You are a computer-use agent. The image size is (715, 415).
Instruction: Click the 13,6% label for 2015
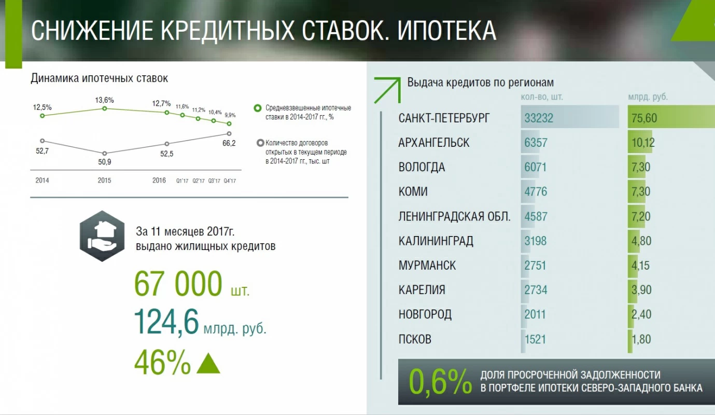click(104, 100)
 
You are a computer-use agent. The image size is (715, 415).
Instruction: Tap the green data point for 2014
click(43, 116)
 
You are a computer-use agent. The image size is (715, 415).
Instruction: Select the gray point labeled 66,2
click(229, 133)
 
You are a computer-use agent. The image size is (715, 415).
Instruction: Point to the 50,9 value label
click(104, 162)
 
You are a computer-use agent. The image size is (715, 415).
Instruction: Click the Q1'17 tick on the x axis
click(183, 181)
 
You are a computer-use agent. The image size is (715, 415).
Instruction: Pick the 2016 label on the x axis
click(159, 180)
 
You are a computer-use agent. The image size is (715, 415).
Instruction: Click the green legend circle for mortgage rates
click(258, 108)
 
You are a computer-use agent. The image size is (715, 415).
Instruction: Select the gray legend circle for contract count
click(260, 143)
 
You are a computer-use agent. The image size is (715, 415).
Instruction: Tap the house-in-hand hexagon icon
click(102, 236)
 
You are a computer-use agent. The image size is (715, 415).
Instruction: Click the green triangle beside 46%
click(208, 363)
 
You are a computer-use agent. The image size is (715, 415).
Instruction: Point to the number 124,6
click(166, 322)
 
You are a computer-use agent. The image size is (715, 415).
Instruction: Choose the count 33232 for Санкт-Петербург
click(539, 118)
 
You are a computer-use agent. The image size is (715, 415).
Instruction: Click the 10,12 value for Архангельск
click(643, 143)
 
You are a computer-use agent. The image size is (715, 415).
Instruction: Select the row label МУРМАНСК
click(427, 266)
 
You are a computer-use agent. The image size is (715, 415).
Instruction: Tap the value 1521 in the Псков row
click(535, 339)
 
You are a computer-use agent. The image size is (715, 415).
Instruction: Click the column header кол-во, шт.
click(542, 97)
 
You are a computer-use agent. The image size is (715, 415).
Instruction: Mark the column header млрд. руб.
click(648, 97)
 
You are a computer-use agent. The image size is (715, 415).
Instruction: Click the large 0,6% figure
click(440, 381)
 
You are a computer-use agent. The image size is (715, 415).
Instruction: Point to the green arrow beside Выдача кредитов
click(387, 90)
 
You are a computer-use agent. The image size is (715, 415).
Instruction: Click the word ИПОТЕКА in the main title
click(446, 31)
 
